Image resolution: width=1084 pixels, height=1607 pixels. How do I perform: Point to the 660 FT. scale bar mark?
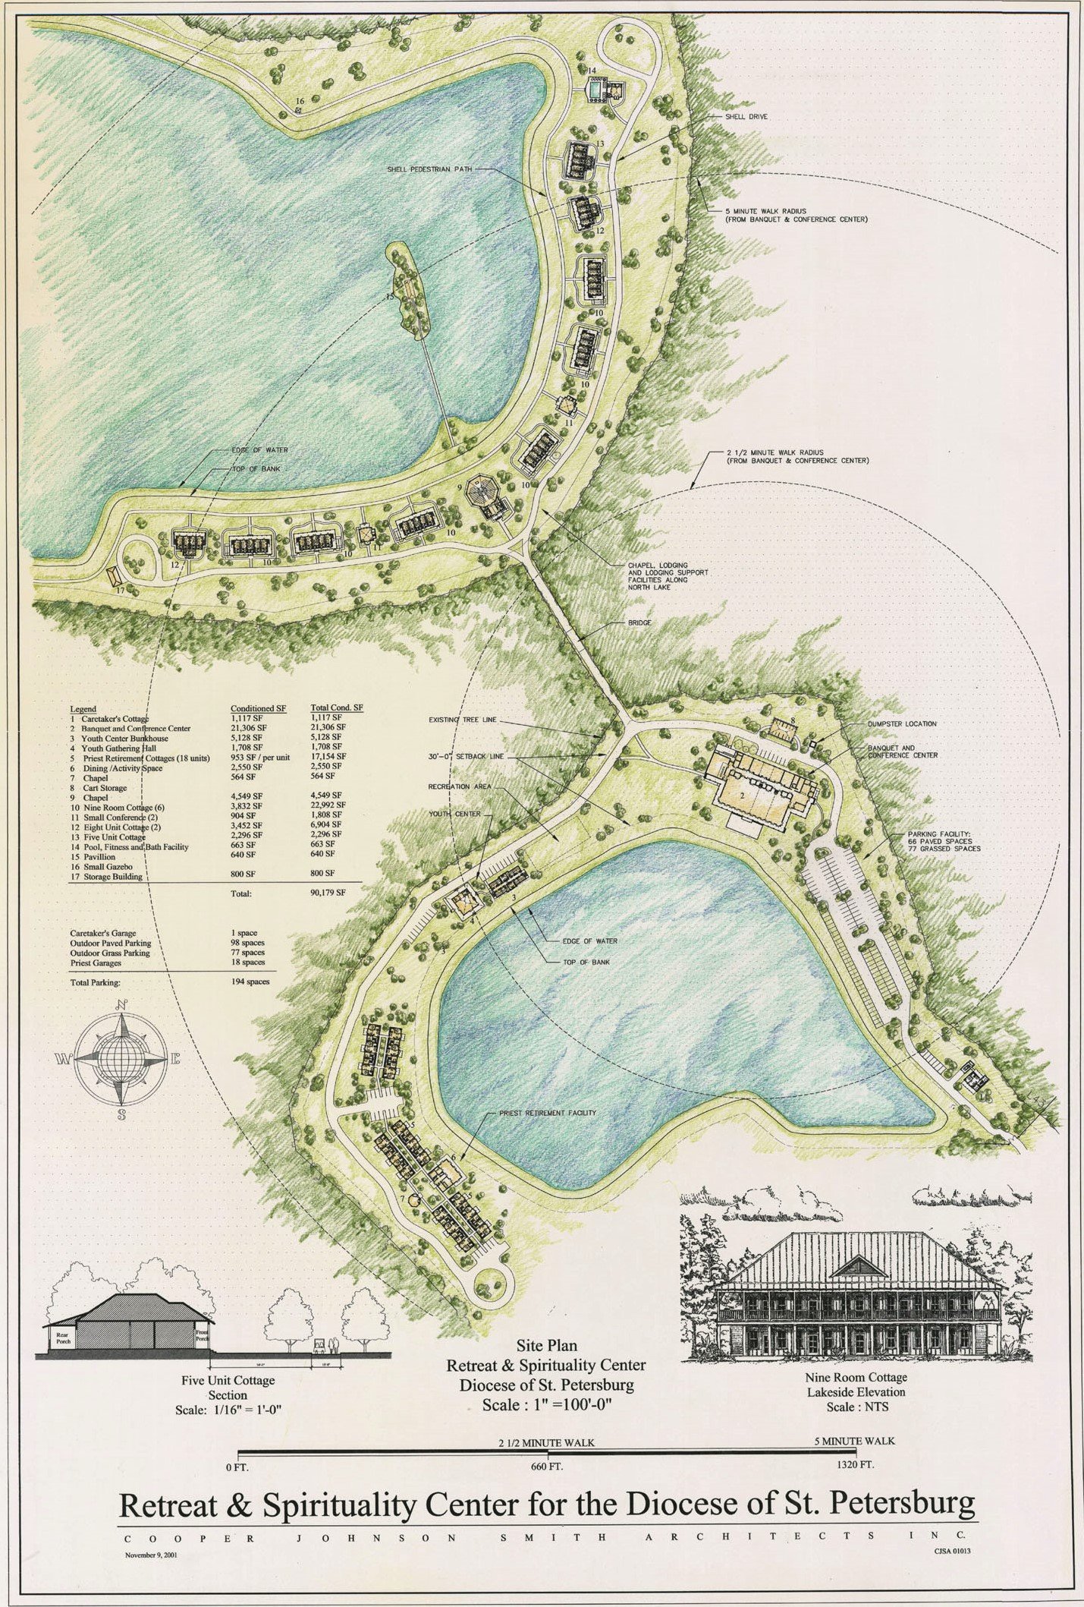[x=548, y=1467]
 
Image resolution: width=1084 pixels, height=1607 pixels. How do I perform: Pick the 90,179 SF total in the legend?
[x=328, y=893]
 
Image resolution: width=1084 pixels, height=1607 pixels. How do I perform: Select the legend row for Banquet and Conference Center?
[x=130, y=728]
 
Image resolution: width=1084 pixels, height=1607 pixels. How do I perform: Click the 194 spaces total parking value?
[x=250, y=982]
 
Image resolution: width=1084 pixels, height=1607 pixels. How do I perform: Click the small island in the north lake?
[x=408, y=291]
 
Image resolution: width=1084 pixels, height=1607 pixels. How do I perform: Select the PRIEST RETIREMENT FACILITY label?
[x=548, y=1113]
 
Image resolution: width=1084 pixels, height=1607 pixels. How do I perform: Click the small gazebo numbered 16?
[x=298, y=109]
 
